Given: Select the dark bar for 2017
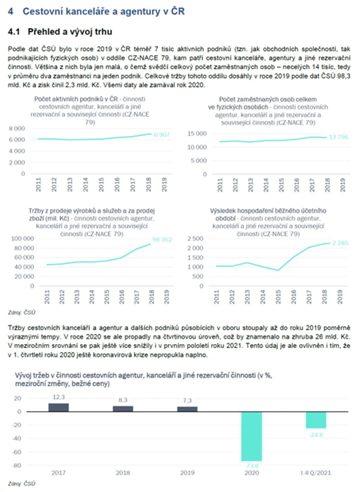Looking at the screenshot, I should pos(58,407).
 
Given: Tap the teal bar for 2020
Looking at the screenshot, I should pos(252,436).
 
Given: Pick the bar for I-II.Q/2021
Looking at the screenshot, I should pos(316,419).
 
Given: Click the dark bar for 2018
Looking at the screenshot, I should pos(123,408).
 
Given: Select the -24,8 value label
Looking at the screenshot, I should pos(316,434).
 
